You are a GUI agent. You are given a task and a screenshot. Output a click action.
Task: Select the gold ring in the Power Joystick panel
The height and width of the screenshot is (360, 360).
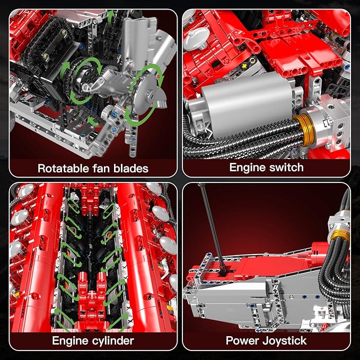(339, 231)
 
